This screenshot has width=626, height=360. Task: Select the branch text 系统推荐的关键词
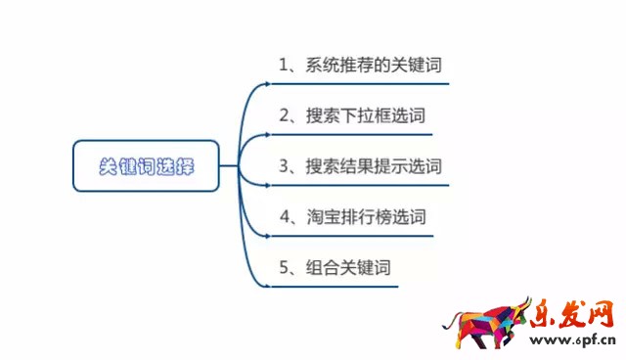point(373,66)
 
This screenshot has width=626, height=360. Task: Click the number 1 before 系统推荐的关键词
point(283,66)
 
